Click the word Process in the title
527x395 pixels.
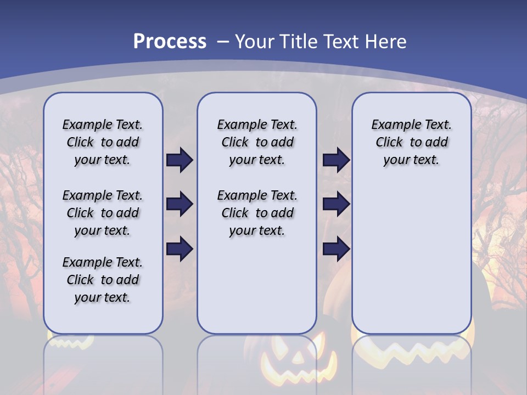(x=170, y=42)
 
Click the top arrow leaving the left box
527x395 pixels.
(x=180, y=160)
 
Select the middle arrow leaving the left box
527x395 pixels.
(x=180, y=205)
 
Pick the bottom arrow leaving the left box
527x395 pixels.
(x=180, y=249)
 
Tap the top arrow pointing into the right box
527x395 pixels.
(x=336, y=160)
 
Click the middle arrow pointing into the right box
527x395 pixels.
(x=336, y=205)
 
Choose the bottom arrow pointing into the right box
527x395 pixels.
(x=336, y=249)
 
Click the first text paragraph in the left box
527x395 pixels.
(x=103, y=142)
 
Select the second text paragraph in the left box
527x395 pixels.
(x=103, y=213)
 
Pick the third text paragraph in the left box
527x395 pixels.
(x=103, y=280)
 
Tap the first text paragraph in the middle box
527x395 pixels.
(x=257, y=142)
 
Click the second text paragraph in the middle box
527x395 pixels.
(x=257, y=213)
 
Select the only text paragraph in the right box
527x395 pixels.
(x=411, y=142)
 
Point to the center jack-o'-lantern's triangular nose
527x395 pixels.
(x=297, y=357)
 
